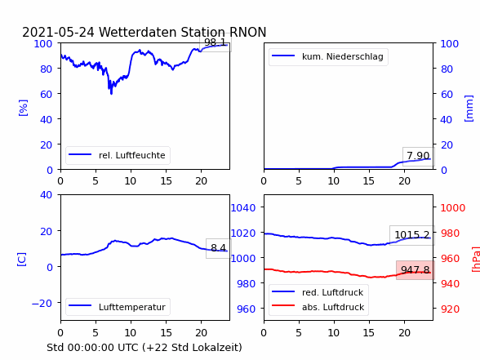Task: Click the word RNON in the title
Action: coord(247,32)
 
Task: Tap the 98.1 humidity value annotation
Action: coord(216,42)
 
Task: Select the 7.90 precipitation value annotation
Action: coord(418,156)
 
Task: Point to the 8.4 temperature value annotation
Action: coord(218,248)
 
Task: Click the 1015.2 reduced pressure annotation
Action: coord(412,235)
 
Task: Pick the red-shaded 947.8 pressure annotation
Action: coord(416,270)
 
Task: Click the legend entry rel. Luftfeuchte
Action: coord(118,155)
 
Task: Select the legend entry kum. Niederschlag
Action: coord(327,56)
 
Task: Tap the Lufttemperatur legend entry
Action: coord(118,307)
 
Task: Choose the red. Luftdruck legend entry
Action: coord(318,292)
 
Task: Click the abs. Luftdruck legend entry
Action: coord(318,307)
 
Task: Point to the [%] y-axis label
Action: coord(23,108)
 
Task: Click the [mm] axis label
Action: coord(469,109)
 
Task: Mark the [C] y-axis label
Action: coord(22,260)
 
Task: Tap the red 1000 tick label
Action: coord(453,208)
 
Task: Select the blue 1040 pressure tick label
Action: coord(243,208)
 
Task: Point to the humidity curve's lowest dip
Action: coord(111,93)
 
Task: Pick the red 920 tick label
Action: coord(450,309)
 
